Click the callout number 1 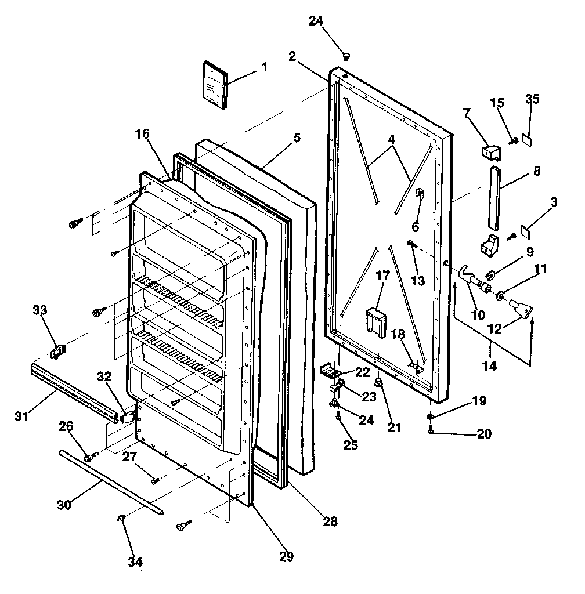[x=264, y=67]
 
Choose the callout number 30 [x=64, y=505]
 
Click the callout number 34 [x=135, y=562]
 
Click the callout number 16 [x=143, y=134]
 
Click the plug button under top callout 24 [x=346, y=56]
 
